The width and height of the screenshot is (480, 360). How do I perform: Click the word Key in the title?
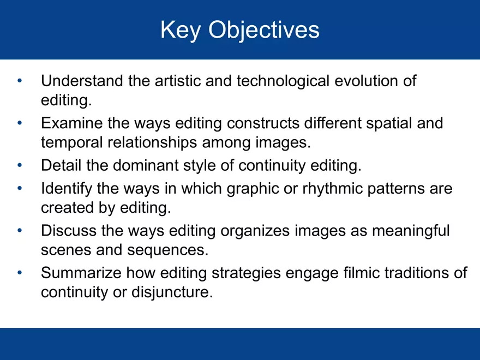178,30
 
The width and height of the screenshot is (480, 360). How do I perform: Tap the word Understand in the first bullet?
82,81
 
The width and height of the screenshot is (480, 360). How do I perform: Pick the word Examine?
71,123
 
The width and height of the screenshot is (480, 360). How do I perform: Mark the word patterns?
403,188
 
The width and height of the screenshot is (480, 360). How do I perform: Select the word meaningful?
411,231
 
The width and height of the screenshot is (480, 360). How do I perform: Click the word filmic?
361,273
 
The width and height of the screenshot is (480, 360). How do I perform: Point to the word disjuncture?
171,292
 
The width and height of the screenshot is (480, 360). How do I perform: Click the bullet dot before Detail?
20,165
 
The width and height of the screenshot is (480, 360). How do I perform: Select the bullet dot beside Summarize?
20,273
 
